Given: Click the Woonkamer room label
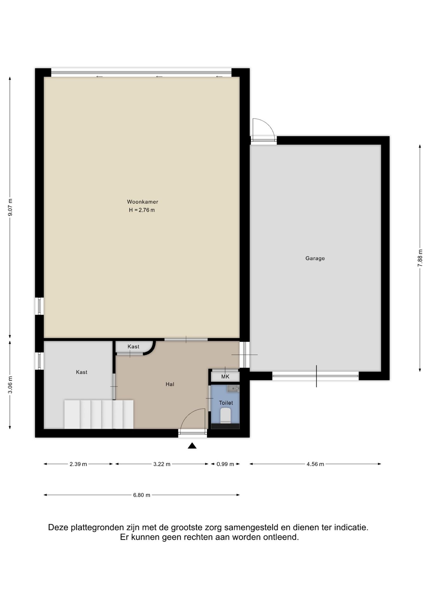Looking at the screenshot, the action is pyautogui.click(x=142, y=202).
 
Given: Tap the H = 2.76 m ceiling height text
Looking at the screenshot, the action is pyautogui.click(x=142, y=210).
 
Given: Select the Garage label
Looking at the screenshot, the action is pyautogui.click(x=315, y=258).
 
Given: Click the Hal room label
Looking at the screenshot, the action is pyautogui.click(x=170, y=384).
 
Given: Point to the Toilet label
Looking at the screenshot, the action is pyautogui.click(x=226, y=403).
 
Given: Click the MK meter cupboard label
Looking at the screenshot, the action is pyautogui.click(x=225, y=377).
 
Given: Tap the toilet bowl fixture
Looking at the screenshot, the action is pyautogui.click(x=226, y=415).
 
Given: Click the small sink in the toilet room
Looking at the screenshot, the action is pyautogui.click(x=233, y=389).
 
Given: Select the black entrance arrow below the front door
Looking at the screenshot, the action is pyautogui.click(x=192, y=446).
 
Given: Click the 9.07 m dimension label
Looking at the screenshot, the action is pyautogui.click(x=10, y=207).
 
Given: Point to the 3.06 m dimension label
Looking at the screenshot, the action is pyautogui.click(x=10, y=385).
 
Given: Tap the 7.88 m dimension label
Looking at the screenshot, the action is pyautogui.click(x=420, y=258).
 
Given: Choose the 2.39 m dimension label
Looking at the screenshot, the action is pyautogui.click(x=78, y=464).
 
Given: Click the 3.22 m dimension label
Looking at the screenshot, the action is pyautogui.click(x=162, y=464).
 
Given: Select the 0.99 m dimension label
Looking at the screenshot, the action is pyautogui.click(x=225, y=464).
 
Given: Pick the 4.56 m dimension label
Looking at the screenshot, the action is pyautogui.click(x=315, y=464).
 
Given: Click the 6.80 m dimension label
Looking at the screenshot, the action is pyautogui.click(x=142, y=495).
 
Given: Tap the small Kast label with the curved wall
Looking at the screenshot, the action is pyautogui.click(x=133, y=347).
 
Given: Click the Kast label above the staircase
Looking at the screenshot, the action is pyautogui.click(x=82, y=372).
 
